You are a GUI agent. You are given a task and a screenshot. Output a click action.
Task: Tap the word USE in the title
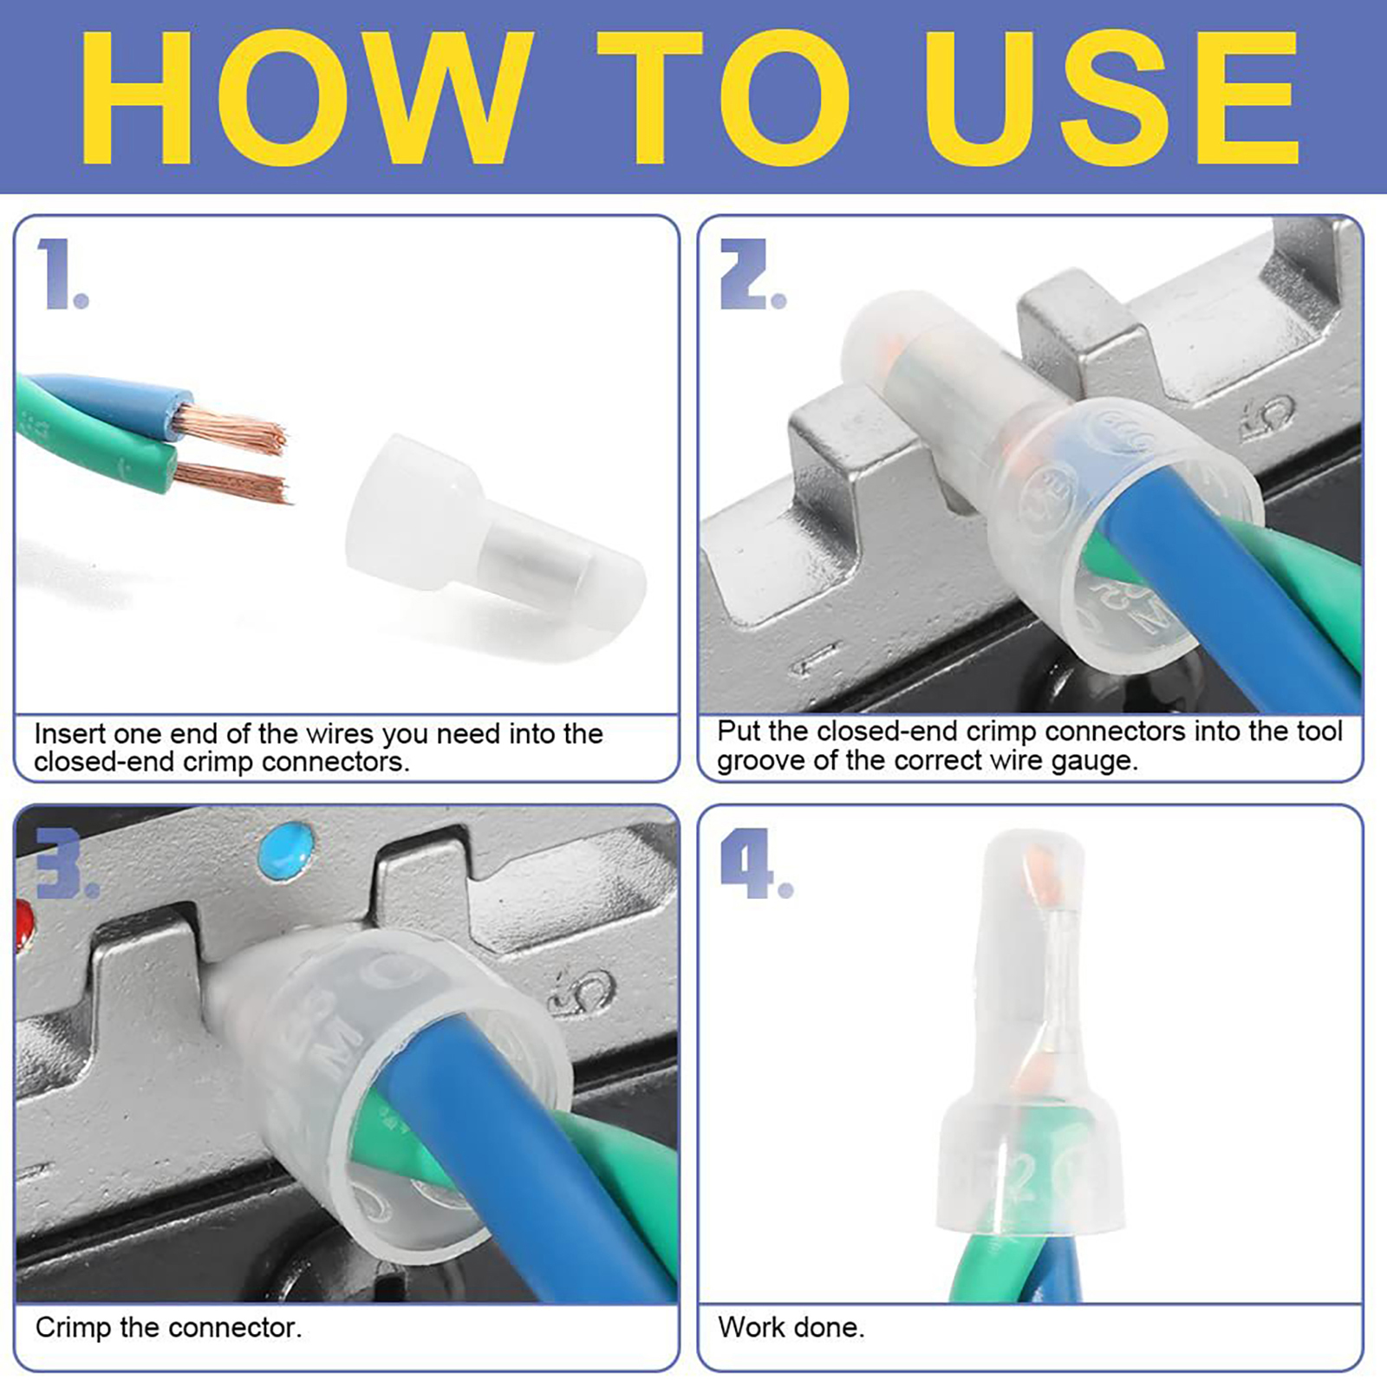point(1110,97)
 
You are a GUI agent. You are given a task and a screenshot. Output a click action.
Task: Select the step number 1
point(62,274)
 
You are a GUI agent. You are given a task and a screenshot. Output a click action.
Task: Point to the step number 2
point(752,274)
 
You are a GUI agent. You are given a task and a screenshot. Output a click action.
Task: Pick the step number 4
point(756,863)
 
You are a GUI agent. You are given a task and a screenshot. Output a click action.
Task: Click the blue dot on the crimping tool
point(286,849)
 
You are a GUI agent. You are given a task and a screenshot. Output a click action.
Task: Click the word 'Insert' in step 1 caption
point(70,733)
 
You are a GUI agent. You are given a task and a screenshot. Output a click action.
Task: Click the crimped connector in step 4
point(1032,1036)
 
